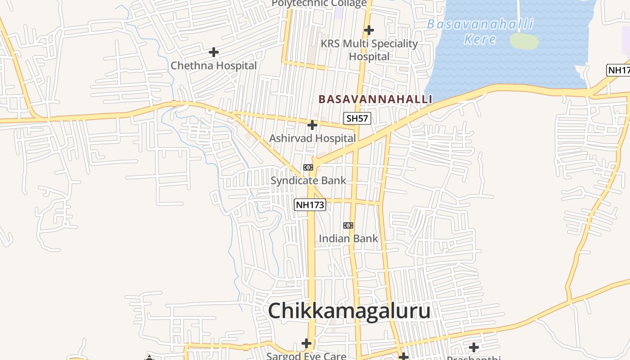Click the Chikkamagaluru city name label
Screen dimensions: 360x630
pyautogui.click(x=349, y=311)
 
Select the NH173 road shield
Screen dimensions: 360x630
pyautogui.click(x=310, y=205)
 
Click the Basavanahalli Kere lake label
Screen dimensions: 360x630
pyautogui.click(x=480, y=31)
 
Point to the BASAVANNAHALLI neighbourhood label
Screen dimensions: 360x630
pyautogui.click(x=375, y=99)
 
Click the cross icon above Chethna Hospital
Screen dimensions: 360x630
pyautogui.click(x=214, y=53)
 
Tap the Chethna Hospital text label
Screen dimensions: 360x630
pyautogui.click(x=214, y=66)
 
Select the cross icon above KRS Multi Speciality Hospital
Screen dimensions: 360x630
pyautogui.click(x=369, y=31)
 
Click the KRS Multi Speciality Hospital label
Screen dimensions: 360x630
pyautogui.click(x=369, y=50)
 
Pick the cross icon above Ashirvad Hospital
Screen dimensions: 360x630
pyautogui.click(x=312, y=125)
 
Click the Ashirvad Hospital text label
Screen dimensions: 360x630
pyautogui.click(x=312, y=138)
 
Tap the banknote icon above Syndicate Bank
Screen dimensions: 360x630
pyautogui.click(x=308, y=167)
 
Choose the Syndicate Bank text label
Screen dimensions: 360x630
pyautogui.click(x=308, y=180)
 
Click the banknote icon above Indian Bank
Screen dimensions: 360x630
pyautogui.click(x=348, y=225)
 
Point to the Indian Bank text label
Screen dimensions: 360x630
pyautogui.click(x=348, y=238)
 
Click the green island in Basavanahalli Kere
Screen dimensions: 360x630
pyautogui.click(x=524, y=41)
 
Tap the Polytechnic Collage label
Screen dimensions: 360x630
pyautogui.click(x=319, y=4)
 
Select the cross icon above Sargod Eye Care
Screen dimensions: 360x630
pyautogui.click(x=306, y=344)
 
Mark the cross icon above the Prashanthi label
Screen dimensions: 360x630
pyautogui.click(x=474, y=347)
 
